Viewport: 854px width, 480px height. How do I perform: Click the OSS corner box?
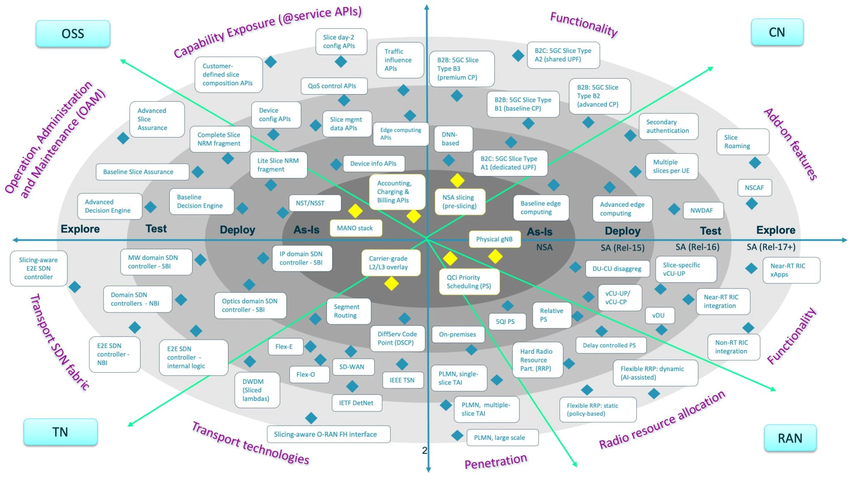73,34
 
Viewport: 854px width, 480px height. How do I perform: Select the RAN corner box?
790,438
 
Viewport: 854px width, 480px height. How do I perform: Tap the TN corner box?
60,432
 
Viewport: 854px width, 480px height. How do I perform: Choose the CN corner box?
777,32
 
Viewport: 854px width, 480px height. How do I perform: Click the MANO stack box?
355,228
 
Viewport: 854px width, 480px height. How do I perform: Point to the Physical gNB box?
495,239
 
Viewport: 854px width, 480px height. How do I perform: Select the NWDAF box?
702,210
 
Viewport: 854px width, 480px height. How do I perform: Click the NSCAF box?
754,188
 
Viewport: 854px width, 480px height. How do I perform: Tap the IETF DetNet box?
357,403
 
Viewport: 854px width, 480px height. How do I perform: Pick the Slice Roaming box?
742,142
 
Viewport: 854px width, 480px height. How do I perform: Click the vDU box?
659,315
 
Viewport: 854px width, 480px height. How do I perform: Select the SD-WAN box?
352,367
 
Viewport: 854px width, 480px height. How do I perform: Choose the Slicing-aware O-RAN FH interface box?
326,434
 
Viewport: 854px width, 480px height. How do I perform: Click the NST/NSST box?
310,203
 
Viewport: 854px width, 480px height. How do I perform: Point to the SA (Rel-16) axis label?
697,247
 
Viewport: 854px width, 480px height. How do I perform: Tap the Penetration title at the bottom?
496,461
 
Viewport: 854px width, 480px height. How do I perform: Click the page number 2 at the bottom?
424,450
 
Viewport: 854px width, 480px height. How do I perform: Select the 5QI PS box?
505,322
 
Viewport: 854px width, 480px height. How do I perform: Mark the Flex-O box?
306,375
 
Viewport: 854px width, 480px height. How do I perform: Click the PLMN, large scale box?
500,437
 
